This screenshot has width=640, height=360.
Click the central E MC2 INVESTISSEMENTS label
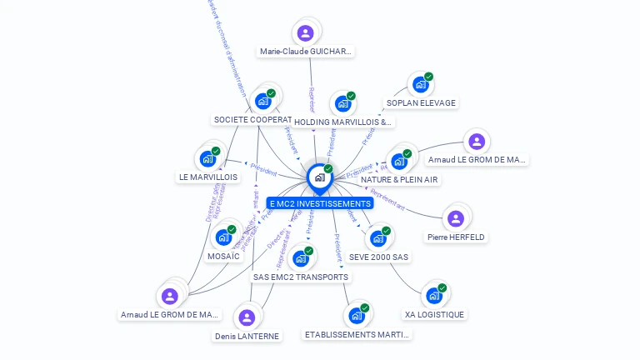(x=320, y=203)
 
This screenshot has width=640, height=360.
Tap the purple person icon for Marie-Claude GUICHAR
(x=306, y=33)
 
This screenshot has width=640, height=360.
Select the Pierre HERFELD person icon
(x=455, y=218)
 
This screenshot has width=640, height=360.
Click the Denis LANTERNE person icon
(x=247, y=317)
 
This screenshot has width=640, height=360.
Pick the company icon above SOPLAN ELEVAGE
(x=420, y=84)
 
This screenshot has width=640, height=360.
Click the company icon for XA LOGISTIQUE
(x=433, y=295)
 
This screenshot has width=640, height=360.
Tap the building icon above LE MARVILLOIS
(x=207, y=158)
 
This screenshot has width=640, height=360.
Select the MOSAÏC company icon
(x=223, y=237)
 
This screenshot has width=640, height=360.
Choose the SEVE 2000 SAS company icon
(x=377, y=237)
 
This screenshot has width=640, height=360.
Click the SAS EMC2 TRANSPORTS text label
(x=301, y=277)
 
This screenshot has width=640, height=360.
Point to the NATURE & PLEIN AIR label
(x=399, y=179)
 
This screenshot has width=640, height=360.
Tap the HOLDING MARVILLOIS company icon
(x=342, y=103)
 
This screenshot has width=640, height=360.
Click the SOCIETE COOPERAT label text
(x=252, y=120)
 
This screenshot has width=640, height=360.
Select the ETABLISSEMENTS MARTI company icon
(x=357, y=316)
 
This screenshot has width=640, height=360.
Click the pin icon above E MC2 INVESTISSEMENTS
(x=319, y=177)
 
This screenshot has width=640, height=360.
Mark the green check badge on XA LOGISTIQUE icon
(x=442, y=287)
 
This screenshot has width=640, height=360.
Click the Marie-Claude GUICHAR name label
(x=306, y=52)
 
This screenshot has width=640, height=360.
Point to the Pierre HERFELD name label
(x=456, y=237)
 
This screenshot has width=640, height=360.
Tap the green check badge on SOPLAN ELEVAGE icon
(x=429, y=77)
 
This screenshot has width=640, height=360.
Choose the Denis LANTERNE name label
(x=247, y=336)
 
